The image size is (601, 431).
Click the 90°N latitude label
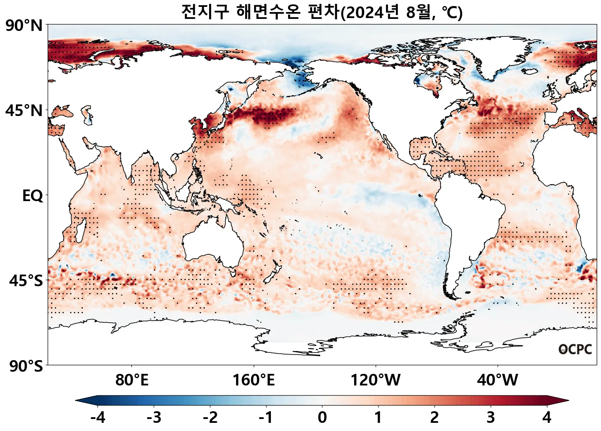(24, 26)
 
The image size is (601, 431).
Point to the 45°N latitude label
(24, 111)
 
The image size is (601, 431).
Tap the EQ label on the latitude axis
(33, 196)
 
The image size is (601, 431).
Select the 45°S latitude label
(26, 281)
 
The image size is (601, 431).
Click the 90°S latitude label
(26, 367)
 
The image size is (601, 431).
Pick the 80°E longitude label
(132, 380)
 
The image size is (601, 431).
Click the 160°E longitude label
(254, 380)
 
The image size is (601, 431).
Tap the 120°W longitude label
(376, 380)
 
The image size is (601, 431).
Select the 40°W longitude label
(498, 380)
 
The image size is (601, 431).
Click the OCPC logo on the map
(575, 349)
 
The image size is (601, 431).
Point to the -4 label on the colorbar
(98, 417)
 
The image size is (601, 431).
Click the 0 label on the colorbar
(322, 417)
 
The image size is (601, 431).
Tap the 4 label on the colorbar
(546, 417)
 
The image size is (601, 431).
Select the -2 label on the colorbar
(210, 417)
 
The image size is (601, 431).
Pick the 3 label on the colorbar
(491, 417)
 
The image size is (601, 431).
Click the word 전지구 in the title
(205, 12)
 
